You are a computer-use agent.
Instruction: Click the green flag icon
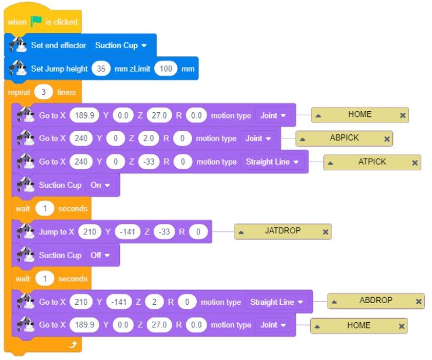click(x=36, y=22)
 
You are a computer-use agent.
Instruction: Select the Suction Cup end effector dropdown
click(x=121, y=45)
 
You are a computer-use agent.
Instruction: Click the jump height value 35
click(x=100, y=69)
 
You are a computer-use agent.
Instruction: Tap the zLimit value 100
click(x=167, y=69)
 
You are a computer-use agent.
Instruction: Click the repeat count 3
click(x=44, y=92)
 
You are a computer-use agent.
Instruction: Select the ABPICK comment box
click(x=344, y=138)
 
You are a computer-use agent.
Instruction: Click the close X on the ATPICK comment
click(x=415, y=163)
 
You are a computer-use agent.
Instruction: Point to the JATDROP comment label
click(x=283, y=231)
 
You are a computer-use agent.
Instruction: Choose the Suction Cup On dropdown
click(x=101, y=185)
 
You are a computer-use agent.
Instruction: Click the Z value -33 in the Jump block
click(x=165, y=232)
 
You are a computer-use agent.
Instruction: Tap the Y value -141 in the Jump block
click(x=128, y=232)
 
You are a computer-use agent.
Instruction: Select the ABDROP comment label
click(x=376, y=301)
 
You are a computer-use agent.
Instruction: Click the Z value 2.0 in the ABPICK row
click(x=150, y=138)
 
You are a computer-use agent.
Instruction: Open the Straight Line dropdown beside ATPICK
click(x=273, y=162)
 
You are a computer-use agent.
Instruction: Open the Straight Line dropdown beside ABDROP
click(x=277, y=302)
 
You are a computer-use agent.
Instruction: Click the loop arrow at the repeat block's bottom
click(x=72, y=345)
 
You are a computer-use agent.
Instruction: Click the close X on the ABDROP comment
click(x=419, y=301)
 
